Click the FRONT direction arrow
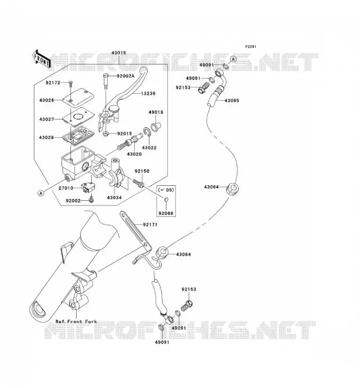(41, 59)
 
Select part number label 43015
(118, 53)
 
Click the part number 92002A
(126, 76)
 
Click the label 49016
(156, 112)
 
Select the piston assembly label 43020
(134, 154)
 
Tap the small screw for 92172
(70, 84)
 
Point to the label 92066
(166, 213)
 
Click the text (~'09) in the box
(166, 190)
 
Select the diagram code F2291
(250, 47)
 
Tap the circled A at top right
(233, 59)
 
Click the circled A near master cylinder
(41, 193)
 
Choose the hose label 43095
(232, 101)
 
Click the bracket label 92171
(150, 225)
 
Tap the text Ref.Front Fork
(76, 322)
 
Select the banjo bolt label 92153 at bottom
(189, 289)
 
